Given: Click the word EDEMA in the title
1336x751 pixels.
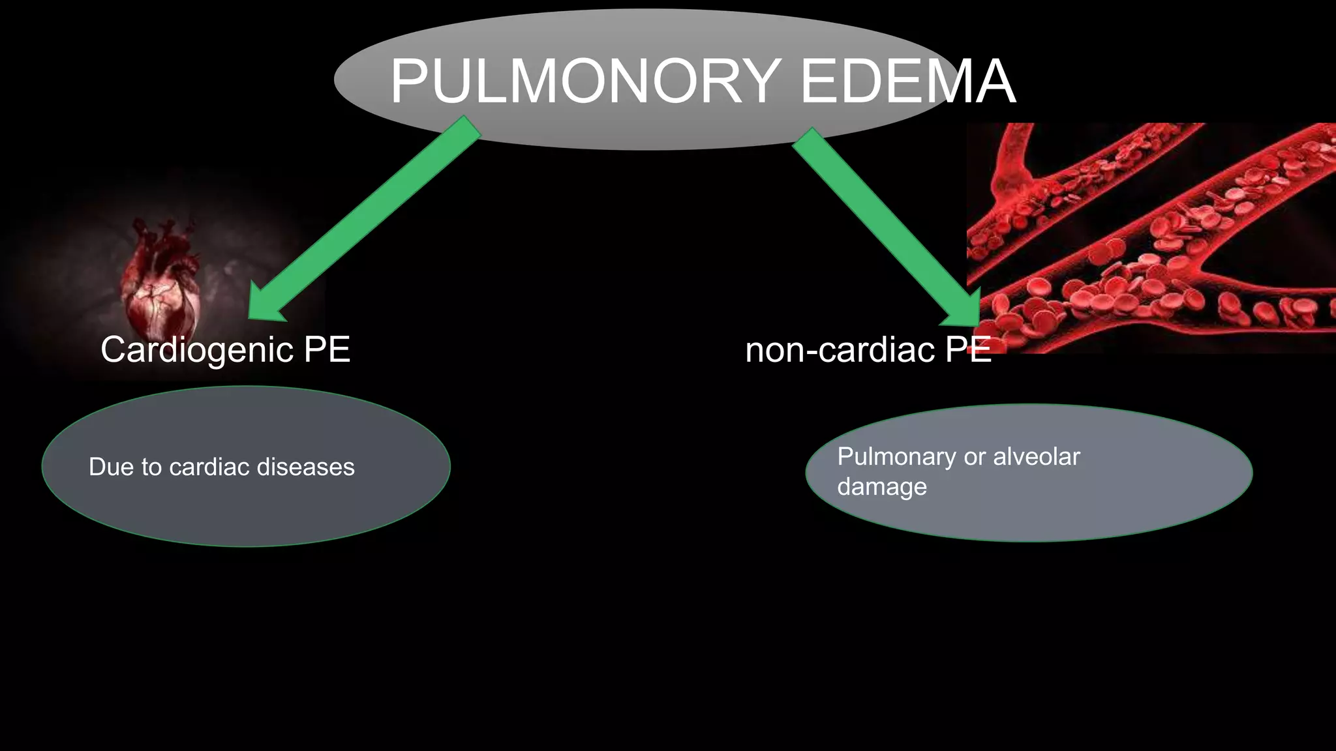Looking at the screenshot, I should (x=907, y=81).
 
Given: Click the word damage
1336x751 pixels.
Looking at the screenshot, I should (x=881, y=487).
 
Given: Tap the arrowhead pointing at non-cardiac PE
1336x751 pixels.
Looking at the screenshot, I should (x=962, y=310).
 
